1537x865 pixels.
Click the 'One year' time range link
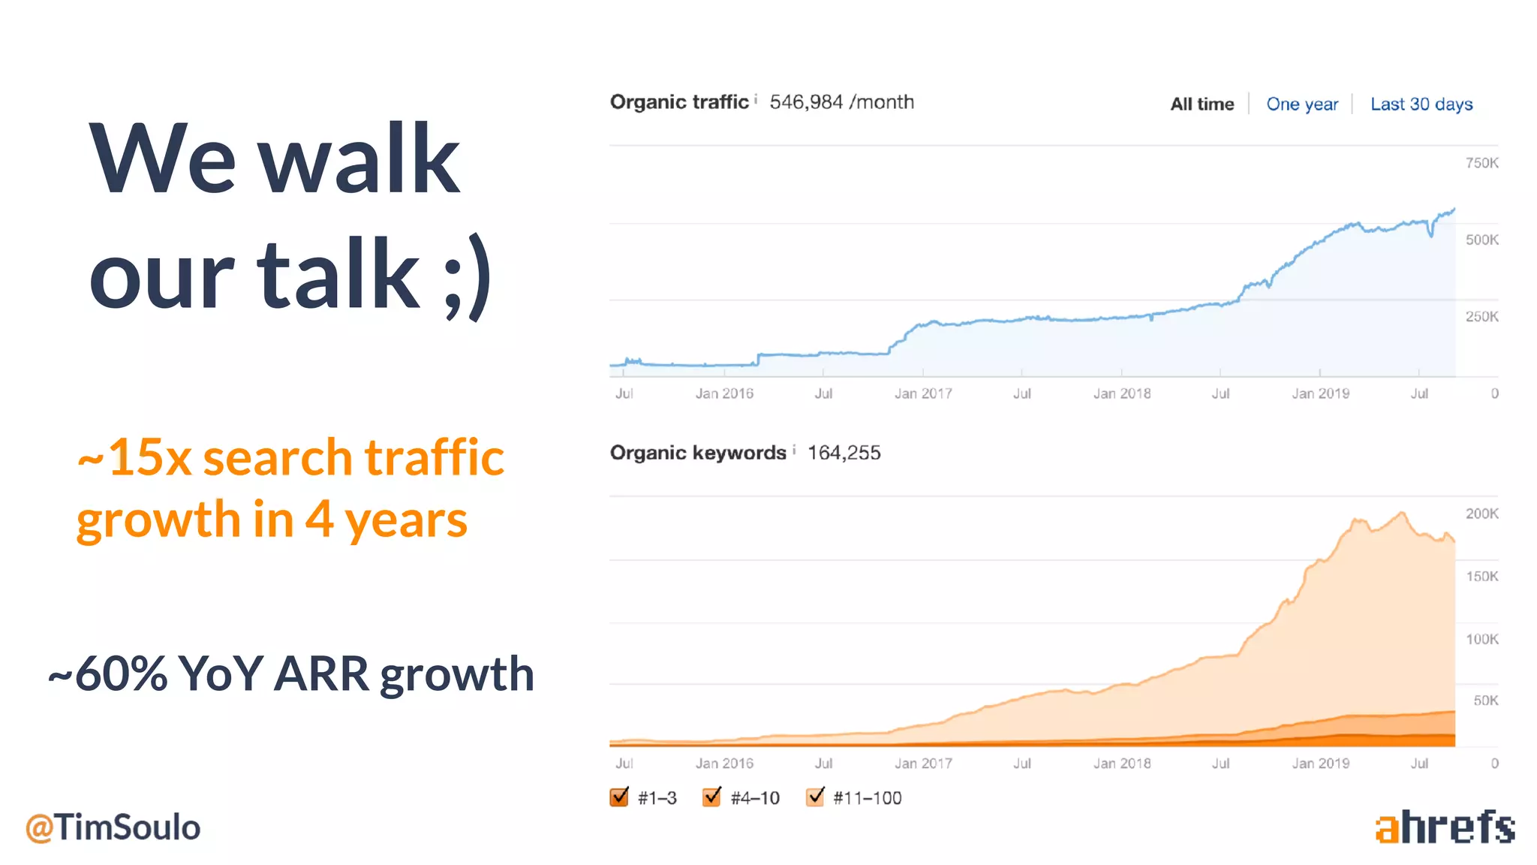[1301, 104]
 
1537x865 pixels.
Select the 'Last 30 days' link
[1421, 104]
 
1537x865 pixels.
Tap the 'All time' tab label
[1202, 104]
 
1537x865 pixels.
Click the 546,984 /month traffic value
[841, 102]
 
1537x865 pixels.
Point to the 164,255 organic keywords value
[844, 453]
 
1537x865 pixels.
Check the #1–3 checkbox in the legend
[619, 797]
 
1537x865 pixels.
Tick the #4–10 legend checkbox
[711, 797]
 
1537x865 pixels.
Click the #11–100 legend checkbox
[815, 797]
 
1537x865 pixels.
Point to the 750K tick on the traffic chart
[1481, 163]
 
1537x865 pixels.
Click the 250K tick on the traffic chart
[1481, 317]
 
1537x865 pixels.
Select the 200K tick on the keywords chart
[1481, 514]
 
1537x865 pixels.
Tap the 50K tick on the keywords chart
[1485, 701]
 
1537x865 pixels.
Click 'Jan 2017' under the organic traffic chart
[923, 393]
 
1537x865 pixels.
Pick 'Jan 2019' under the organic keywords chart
[1320, 764]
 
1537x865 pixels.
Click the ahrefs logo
[1445, 827]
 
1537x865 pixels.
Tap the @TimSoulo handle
[113, 827]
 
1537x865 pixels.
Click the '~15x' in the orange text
[135, 457]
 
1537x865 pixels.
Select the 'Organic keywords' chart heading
[697, 453]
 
